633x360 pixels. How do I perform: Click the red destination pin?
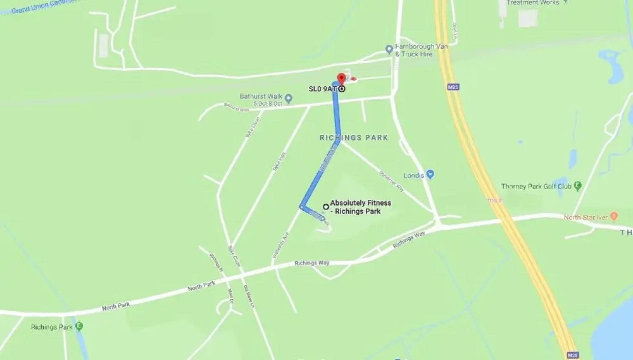click(341, 79)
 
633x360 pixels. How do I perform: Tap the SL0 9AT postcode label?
click(322, 89)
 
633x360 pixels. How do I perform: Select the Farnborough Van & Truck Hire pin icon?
click(389, 50)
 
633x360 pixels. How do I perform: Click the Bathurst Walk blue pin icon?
click(289, 98)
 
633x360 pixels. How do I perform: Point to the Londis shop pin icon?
click(430, 174)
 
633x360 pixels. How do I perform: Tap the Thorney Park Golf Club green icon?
click(578, 186)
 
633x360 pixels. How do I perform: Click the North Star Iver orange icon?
click(614, 216)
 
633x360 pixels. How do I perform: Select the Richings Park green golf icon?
click(79, 326)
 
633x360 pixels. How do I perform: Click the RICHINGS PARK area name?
click(354, 138)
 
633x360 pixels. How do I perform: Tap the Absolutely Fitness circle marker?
click(326, 207)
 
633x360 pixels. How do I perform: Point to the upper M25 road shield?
click(453, 87)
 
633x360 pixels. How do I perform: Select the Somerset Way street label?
click(392, 181)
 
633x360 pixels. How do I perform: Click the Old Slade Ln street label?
click(249, 296)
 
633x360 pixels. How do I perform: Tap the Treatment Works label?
click(533, 3)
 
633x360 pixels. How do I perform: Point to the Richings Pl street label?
click(216, 262)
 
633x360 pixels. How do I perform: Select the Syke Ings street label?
click(279, 162)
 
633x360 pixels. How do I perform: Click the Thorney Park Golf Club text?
click(536, 186)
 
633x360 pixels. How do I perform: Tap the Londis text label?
click(414, 175)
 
